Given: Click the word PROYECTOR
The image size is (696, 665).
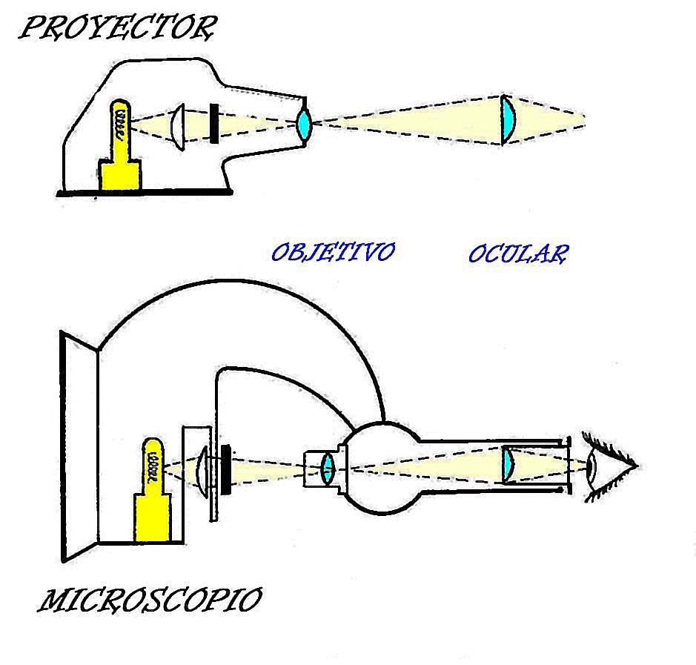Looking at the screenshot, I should (x=117, y=29).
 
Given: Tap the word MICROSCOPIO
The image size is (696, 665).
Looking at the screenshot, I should (x=149, y=601).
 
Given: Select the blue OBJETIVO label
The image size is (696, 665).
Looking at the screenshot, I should (x=332, y=252).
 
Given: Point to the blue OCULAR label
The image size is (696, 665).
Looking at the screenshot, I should (x=518, y=254).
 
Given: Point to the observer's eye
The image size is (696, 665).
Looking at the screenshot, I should (x=594, y=467).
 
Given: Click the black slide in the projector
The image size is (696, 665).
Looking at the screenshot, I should (x=214, y=123).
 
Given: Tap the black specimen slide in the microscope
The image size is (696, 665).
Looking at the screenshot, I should (x=226, y=468).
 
